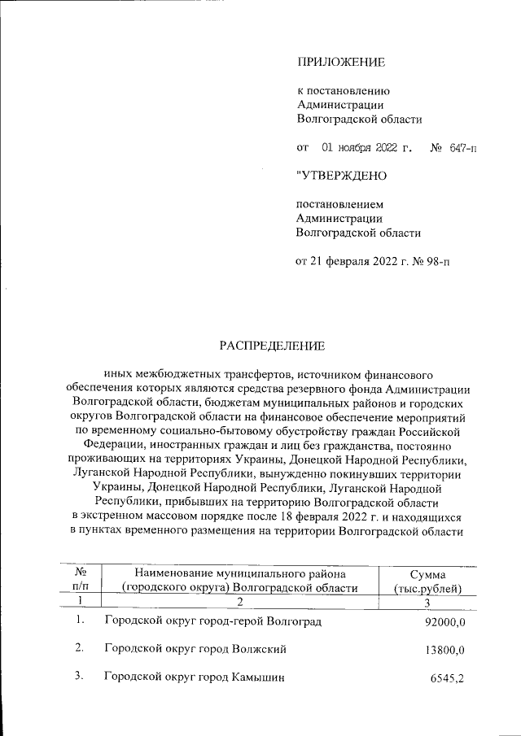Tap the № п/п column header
click(80, 580)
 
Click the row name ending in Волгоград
click(212, 622)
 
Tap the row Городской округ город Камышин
click(195, 678)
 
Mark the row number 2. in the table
click(80, 649)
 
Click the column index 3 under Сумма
click(427, 601)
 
